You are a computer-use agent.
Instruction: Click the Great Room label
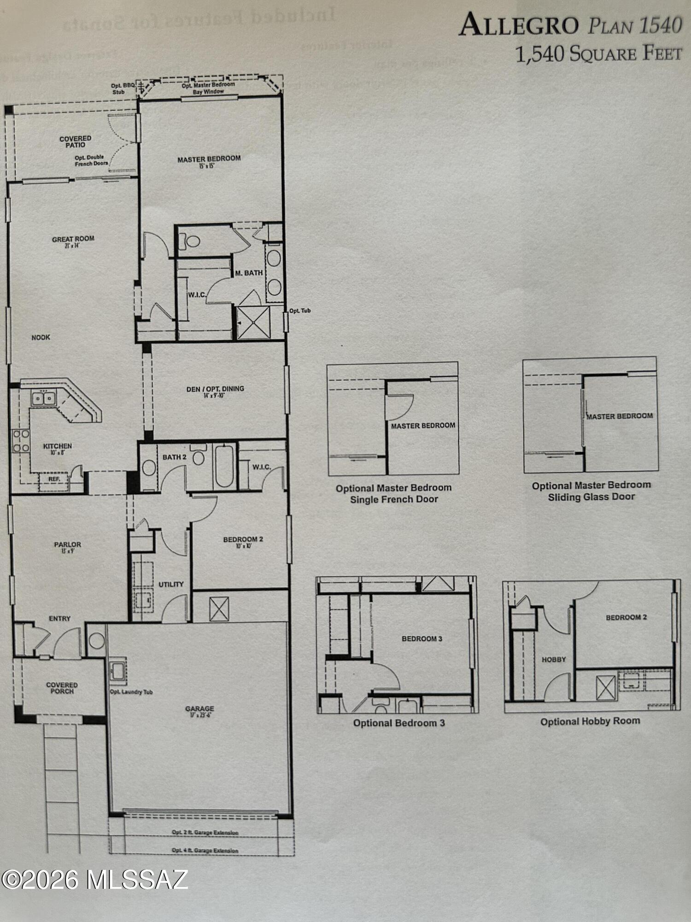[73, 239]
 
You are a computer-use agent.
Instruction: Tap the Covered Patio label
[75, 142]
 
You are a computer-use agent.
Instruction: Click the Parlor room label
[67, 545]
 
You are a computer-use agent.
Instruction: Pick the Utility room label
[171, 584]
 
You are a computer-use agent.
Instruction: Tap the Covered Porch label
[62, 688]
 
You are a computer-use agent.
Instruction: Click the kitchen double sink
[44, 398]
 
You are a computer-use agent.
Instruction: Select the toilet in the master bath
[191, 241]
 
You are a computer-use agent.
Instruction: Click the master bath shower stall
[253, 322]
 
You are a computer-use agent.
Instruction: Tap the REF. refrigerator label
[54, 479]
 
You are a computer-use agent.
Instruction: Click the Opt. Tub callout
[300, 311]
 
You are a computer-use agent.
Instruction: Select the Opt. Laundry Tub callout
[131, 692]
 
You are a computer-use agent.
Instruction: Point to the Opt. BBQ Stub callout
[122, 89]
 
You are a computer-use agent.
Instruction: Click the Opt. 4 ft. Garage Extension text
[205, 851]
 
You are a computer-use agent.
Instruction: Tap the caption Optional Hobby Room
[590, 721]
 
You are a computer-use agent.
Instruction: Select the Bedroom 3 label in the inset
[422, 638]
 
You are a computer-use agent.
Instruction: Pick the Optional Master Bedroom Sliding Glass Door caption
[591, 491]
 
